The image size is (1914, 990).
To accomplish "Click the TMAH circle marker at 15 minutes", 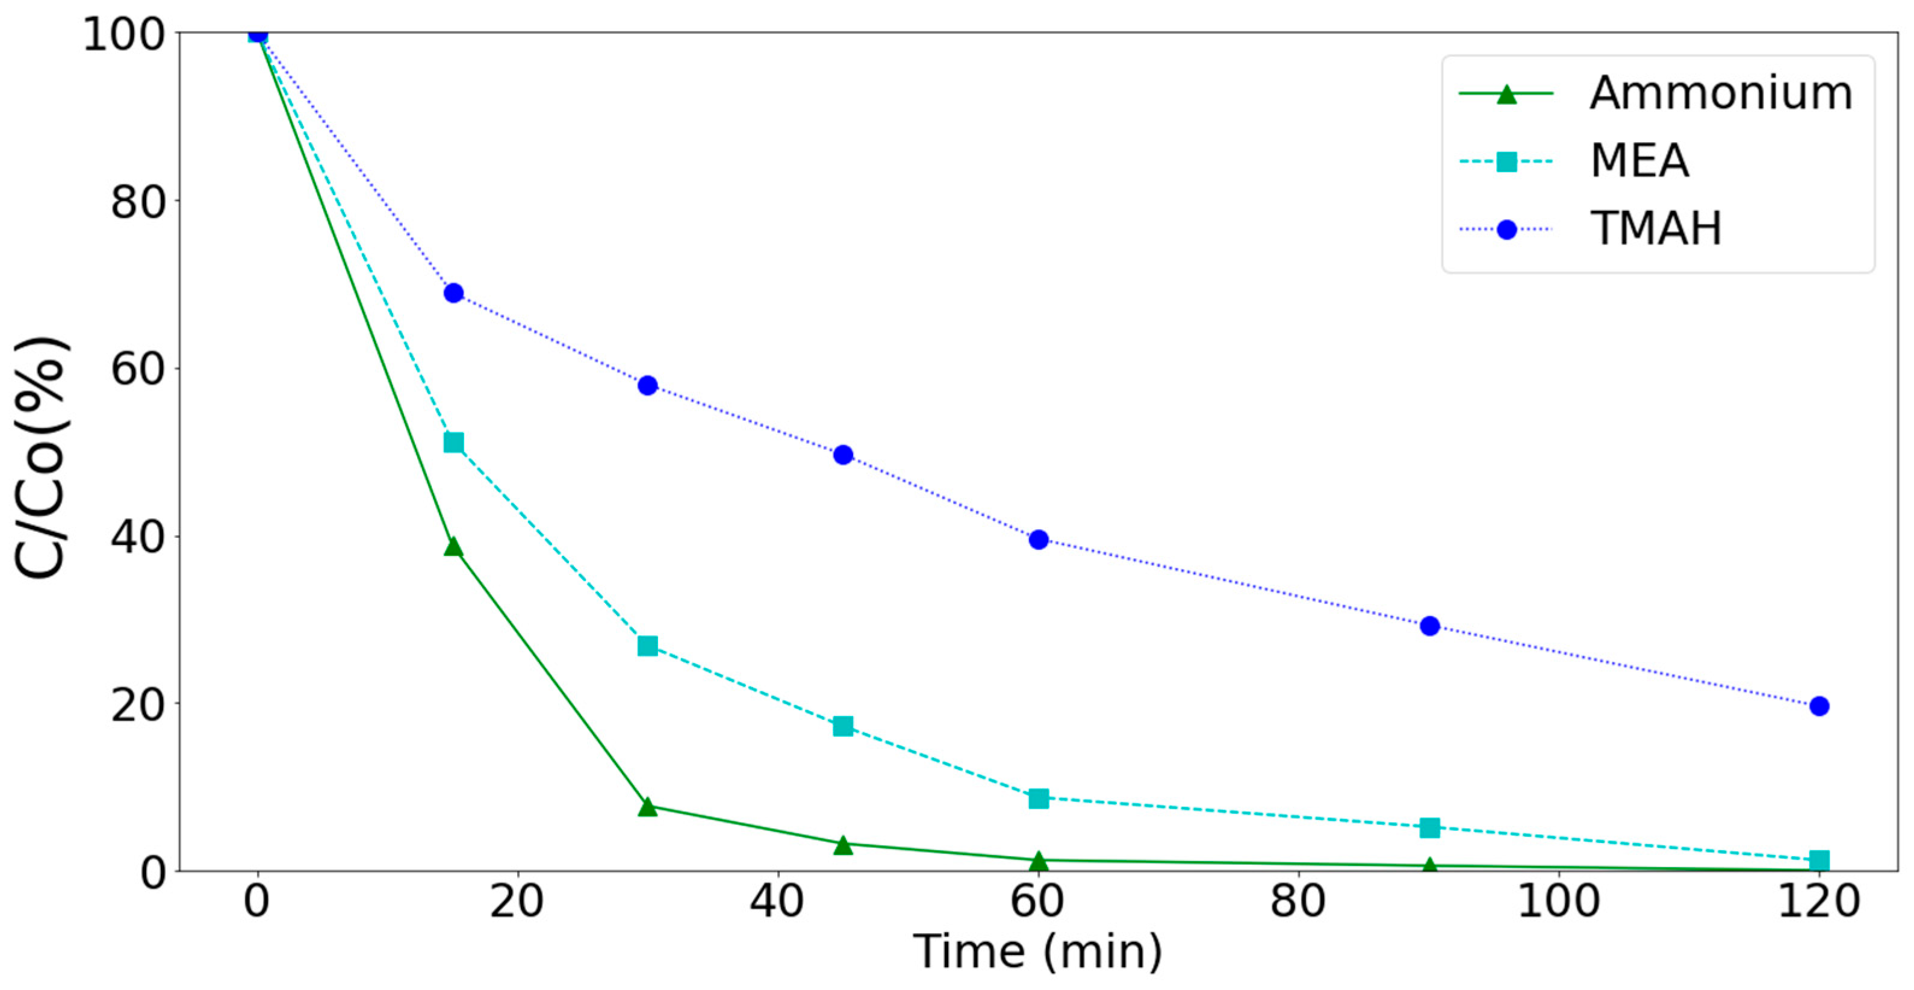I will (x=453, y=293).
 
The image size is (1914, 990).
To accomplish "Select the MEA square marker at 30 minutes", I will (x=648, y=646).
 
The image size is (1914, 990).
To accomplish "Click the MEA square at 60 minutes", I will (x=1039, y=799).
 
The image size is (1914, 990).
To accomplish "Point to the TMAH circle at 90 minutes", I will (x=1429, y=626).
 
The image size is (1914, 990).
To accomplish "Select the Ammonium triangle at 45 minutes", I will (x=842, y=845).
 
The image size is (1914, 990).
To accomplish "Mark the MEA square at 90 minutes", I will (x=1429, y=828).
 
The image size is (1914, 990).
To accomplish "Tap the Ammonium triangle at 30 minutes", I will (x=648, y=807).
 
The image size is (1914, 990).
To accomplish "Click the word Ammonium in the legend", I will (x=1721, y=95).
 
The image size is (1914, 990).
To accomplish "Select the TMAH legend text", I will (x=1656, y=229).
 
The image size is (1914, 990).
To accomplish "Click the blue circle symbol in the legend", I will (x=1506, y=229).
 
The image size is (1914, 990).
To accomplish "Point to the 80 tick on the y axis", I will (x=137, y=201).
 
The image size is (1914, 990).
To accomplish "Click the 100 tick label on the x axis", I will (x=1558, y=901).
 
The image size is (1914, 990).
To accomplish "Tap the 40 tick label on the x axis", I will (x=777, y=901).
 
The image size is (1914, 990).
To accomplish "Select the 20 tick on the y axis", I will (x=137, y=705).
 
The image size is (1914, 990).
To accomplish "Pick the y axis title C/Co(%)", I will (x=42, y=457).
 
